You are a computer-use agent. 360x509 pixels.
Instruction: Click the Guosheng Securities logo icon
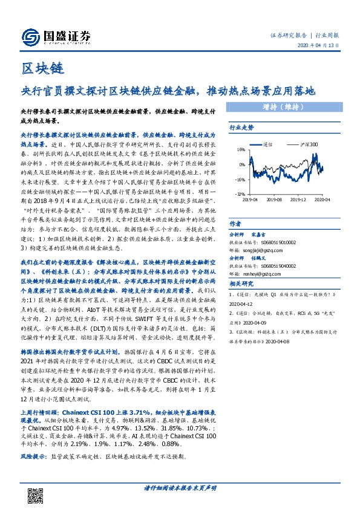(x=30, y=37)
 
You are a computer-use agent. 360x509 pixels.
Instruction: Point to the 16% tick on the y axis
(x=240, y=149)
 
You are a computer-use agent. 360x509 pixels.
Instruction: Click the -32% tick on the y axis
(x=240, y=193)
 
